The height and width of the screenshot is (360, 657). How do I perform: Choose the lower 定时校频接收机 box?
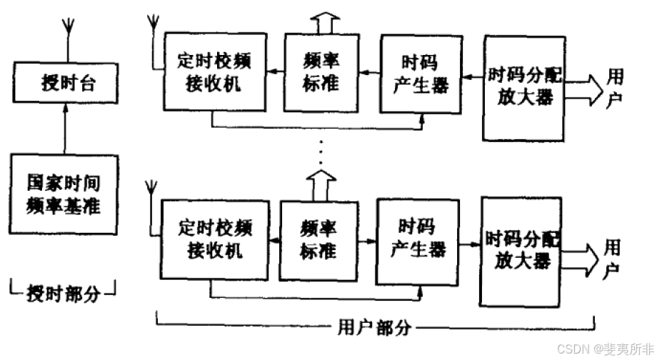pos(212,239)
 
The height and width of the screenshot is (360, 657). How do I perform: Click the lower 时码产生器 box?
pos(417,239)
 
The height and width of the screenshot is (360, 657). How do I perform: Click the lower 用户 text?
pos(612,259)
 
